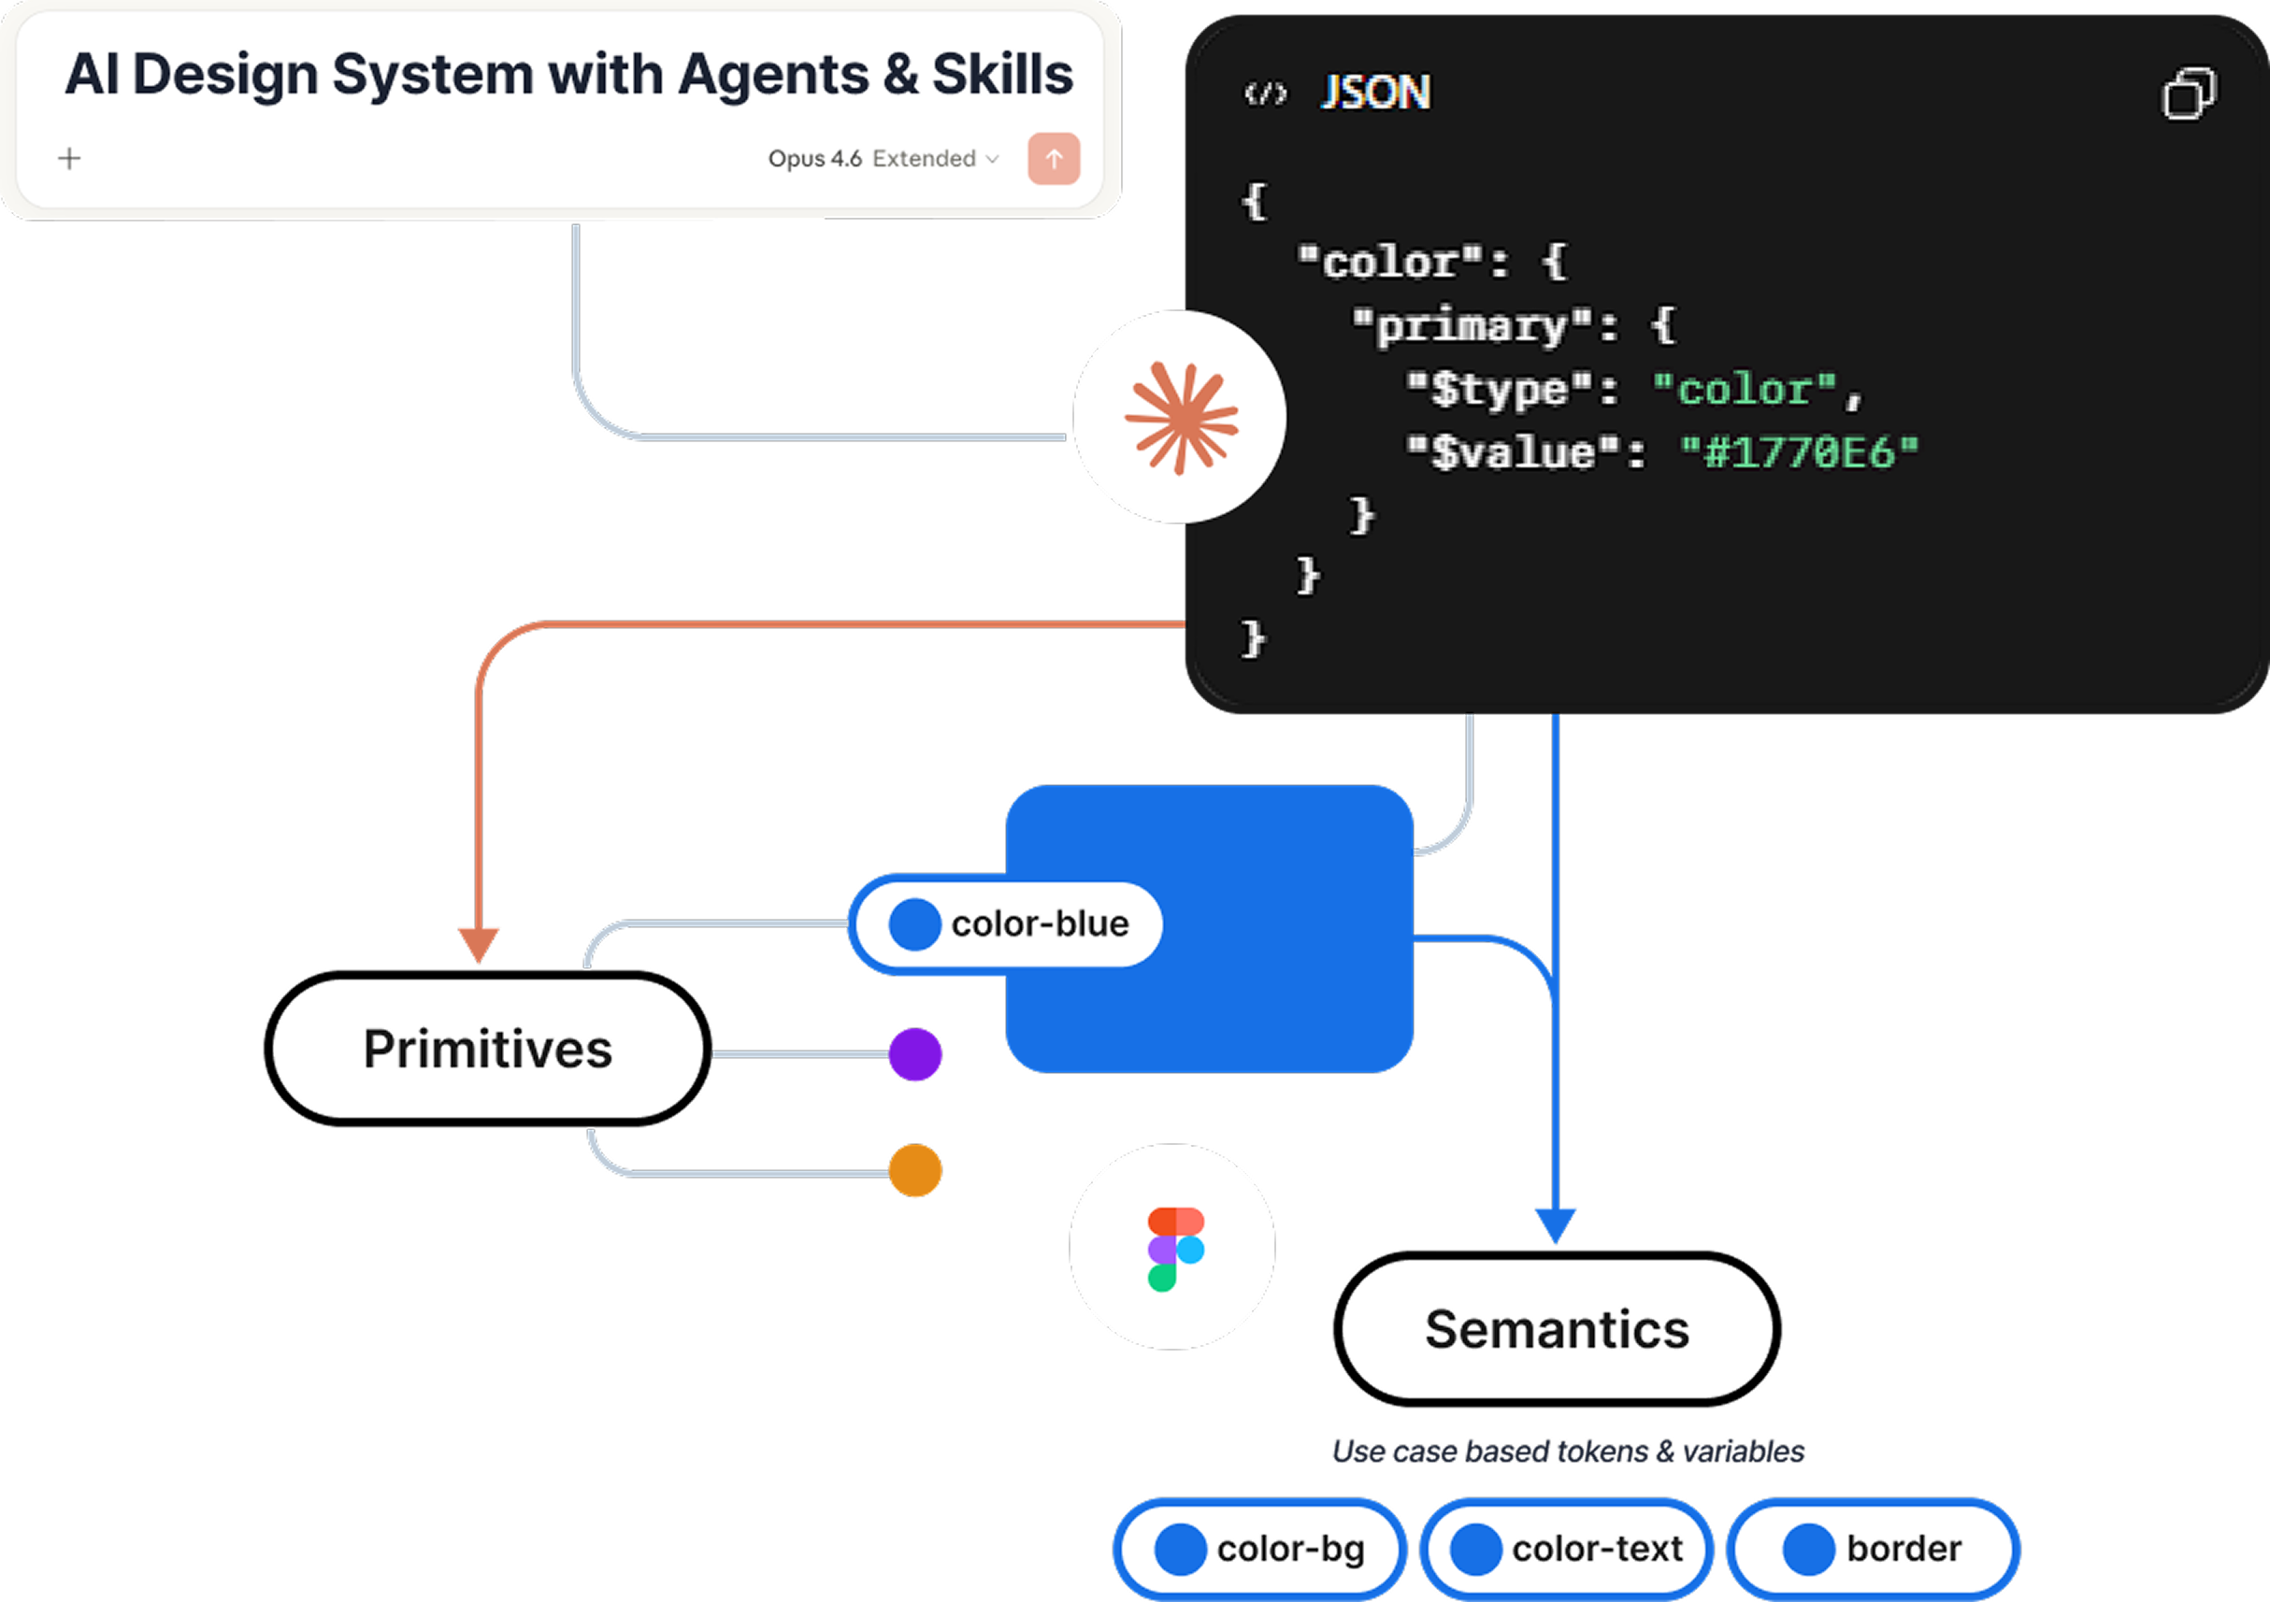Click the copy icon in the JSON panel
pyautogui.click(x=2189, y=93)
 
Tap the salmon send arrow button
pyautogui.click(x=1053, y=158)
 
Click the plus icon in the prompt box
pyautogui.click(x=69, y=158)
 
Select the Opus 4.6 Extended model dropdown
pyautogui.click(x=883, y=158)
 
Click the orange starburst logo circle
pyautogui.click(x=1180, y=417)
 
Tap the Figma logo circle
pyautogui.click(x=1172, y=1247)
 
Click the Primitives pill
pyautogui.click(x=487, y=1049)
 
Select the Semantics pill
pyautogui.click(x=1556, y=1328)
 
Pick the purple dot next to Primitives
pyautogui.click(x=914, y=1054)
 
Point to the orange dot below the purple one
pyautogui.click(x=914, y=1171)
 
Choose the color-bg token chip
pyautogui.click(x=1259, y=1549)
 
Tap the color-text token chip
pyautogui.click(x=1566, y=1549)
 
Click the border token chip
pyautogui.click(x=1873, y=1549)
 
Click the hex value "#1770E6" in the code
pyautogui.click(x=1800, y=452)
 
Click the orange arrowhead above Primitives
pyautogui.click(x=479, y=944)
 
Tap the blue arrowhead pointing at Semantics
pyautogui.click(x=1555, y=1224)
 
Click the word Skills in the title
pyautogui.click(x=1001, y=74)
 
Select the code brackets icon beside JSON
pyautogui.click(x=1266, y=93)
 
